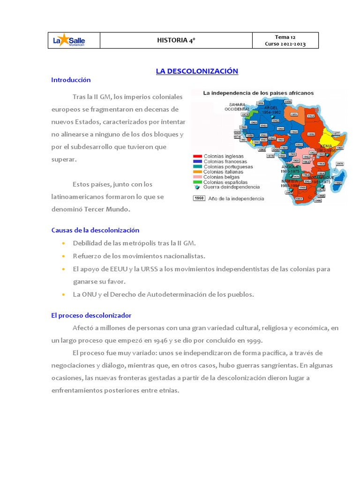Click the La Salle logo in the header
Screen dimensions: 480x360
coord(68,41)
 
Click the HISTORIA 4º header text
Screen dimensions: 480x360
coord(176,41)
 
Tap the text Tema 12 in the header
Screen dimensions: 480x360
coord(285,37)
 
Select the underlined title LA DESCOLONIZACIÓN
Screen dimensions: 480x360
coord(197,71)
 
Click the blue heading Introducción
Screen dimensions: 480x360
coord(71,80)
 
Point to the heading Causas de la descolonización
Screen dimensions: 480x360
coord(95,230)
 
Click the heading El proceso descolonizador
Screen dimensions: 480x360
coord(91,315)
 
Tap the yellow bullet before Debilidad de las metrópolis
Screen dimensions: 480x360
coord(63,243)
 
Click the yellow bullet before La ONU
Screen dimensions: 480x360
coord(63,295)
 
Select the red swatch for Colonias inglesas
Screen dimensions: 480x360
coord(197,156)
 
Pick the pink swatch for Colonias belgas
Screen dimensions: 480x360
coord(197,177)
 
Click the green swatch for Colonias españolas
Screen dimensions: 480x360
coord(197,182)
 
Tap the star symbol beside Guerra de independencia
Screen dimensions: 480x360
coord(197,187)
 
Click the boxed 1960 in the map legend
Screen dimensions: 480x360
coord(199,198)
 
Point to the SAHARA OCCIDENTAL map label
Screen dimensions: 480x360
coord(237,106)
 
